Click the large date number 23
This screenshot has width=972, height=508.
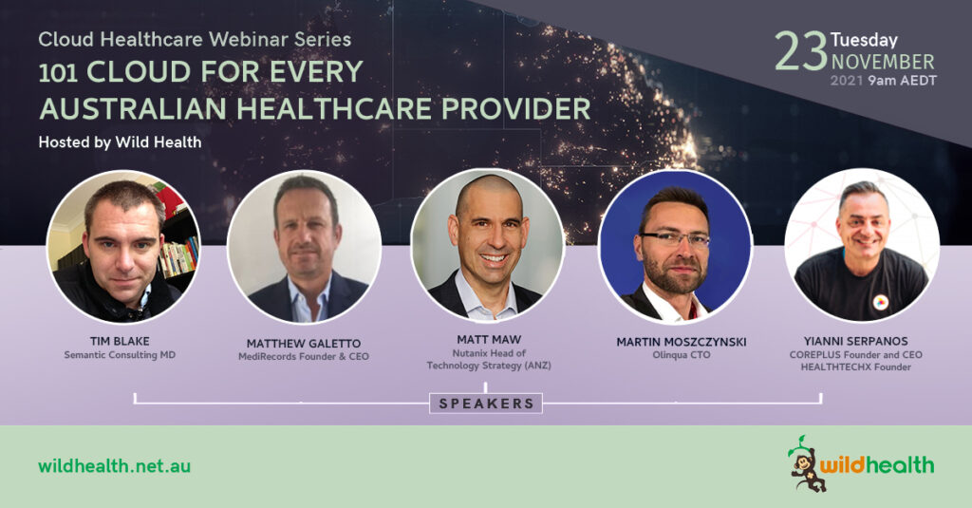(801, 51)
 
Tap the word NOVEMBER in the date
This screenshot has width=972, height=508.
(883, 62)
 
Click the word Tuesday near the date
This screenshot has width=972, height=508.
(864, 40)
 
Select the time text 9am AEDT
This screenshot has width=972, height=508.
(903, 81)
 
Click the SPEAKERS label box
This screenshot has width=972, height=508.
(486, 404)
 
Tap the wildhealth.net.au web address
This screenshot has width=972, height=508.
(114, 466)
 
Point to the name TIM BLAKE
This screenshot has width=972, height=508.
(120, 341)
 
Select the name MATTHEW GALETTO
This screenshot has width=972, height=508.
(303, 343)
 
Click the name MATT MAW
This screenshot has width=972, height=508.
(489, 339)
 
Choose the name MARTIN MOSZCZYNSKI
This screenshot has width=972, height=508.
(682, 342)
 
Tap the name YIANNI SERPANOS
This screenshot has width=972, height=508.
(855, 341)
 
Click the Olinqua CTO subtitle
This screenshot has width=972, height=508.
(682, 355)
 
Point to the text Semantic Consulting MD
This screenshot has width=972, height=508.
(120, 355)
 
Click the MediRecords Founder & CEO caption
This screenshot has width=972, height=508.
(303, 357)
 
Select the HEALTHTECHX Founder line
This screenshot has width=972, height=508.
(855, 367)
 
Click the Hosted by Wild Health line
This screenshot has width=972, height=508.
(120, 142)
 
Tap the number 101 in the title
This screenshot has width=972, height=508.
(58, 73)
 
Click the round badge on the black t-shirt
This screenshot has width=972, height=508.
(880, 303)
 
